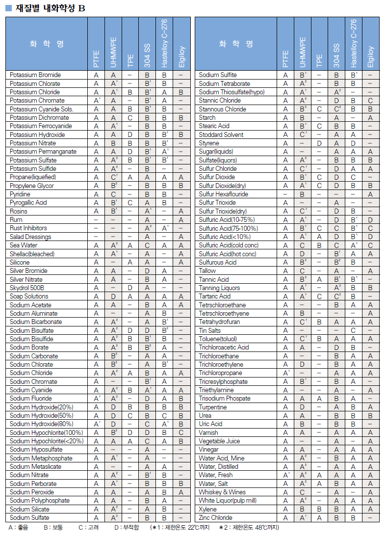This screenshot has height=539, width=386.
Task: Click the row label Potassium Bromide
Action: [x=35, y=75]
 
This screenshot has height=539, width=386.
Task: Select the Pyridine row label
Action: [x=20, y=194]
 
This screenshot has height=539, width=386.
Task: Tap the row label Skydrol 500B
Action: [x=27, y=288]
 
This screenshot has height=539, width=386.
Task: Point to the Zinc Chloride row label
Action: [x=215, y=518]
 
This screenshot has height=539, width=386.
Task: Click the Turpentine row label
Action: [x=213, y=407]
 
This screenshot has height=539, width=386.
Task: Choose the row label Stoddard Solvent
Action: [x=221, y=135]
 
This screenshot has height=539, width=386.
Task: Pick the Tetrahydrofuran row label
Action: [x=219, y=322]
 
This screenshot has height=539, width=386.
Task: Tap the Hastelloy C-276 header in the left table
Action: [x=164, y=44]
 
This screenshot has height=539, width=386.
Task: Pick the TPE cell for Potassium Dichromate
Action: [x=130, y=118]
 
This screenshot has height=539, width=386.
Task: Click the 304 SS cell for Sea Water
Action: [x=147, y=245]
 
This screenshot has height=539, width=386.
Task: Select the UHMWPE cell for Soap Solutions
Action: [x=113, y=296]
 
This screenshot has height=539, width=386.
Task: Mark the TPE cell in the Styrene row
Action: [x=319, y=143]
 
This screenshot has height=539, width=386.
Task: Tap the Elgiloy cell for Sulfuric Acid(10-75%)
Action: [x=370, y=220]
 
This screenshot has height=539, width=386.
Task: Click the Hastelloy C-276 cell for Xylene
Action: [x=354, y=510]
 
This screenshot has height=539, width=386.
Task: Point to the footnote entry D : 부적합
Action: [x=126, y=528]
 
